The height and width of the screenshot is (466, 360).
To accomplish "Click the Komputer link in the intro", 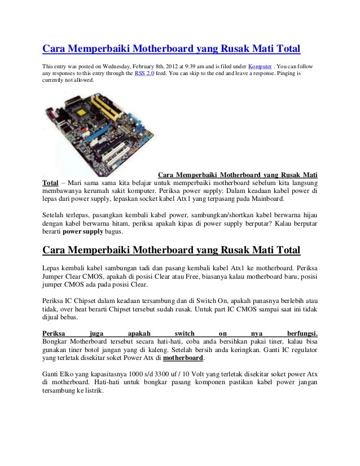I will tap(260, 65).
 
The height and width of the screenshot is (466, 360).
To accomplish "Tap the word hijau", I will tap(305, 215).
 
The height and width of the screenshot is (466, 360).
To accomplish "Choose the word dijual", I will tap(53, 317).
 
